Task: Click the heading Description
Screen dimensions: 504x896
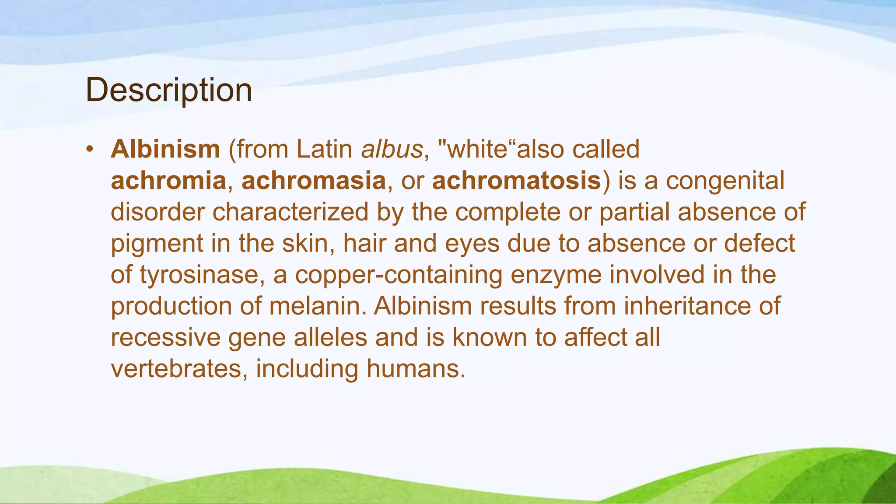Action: [x=169, y=90]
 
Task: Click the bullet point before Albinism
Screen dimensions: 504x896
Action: [x=90, y=149]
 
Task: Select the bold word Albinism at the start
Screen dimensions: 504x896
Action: [x=165, y=149]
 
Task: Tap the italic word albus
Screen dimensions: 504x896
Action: [x=392, y=149]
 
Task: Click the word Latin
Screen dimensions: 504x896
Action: [x=324, y=149]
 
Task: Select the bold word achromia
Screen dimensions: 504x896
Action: [x=168, y=181]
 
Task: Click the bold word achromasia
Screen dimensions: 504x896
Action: [x=314, y=181]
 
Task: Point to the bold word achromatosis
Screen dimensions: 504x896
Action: [x=516, y=181]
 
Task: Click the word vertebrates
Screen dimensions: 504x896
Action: [x=176, y=369]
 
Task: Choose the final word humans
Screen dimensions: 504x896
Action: [x=416, y=369]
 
